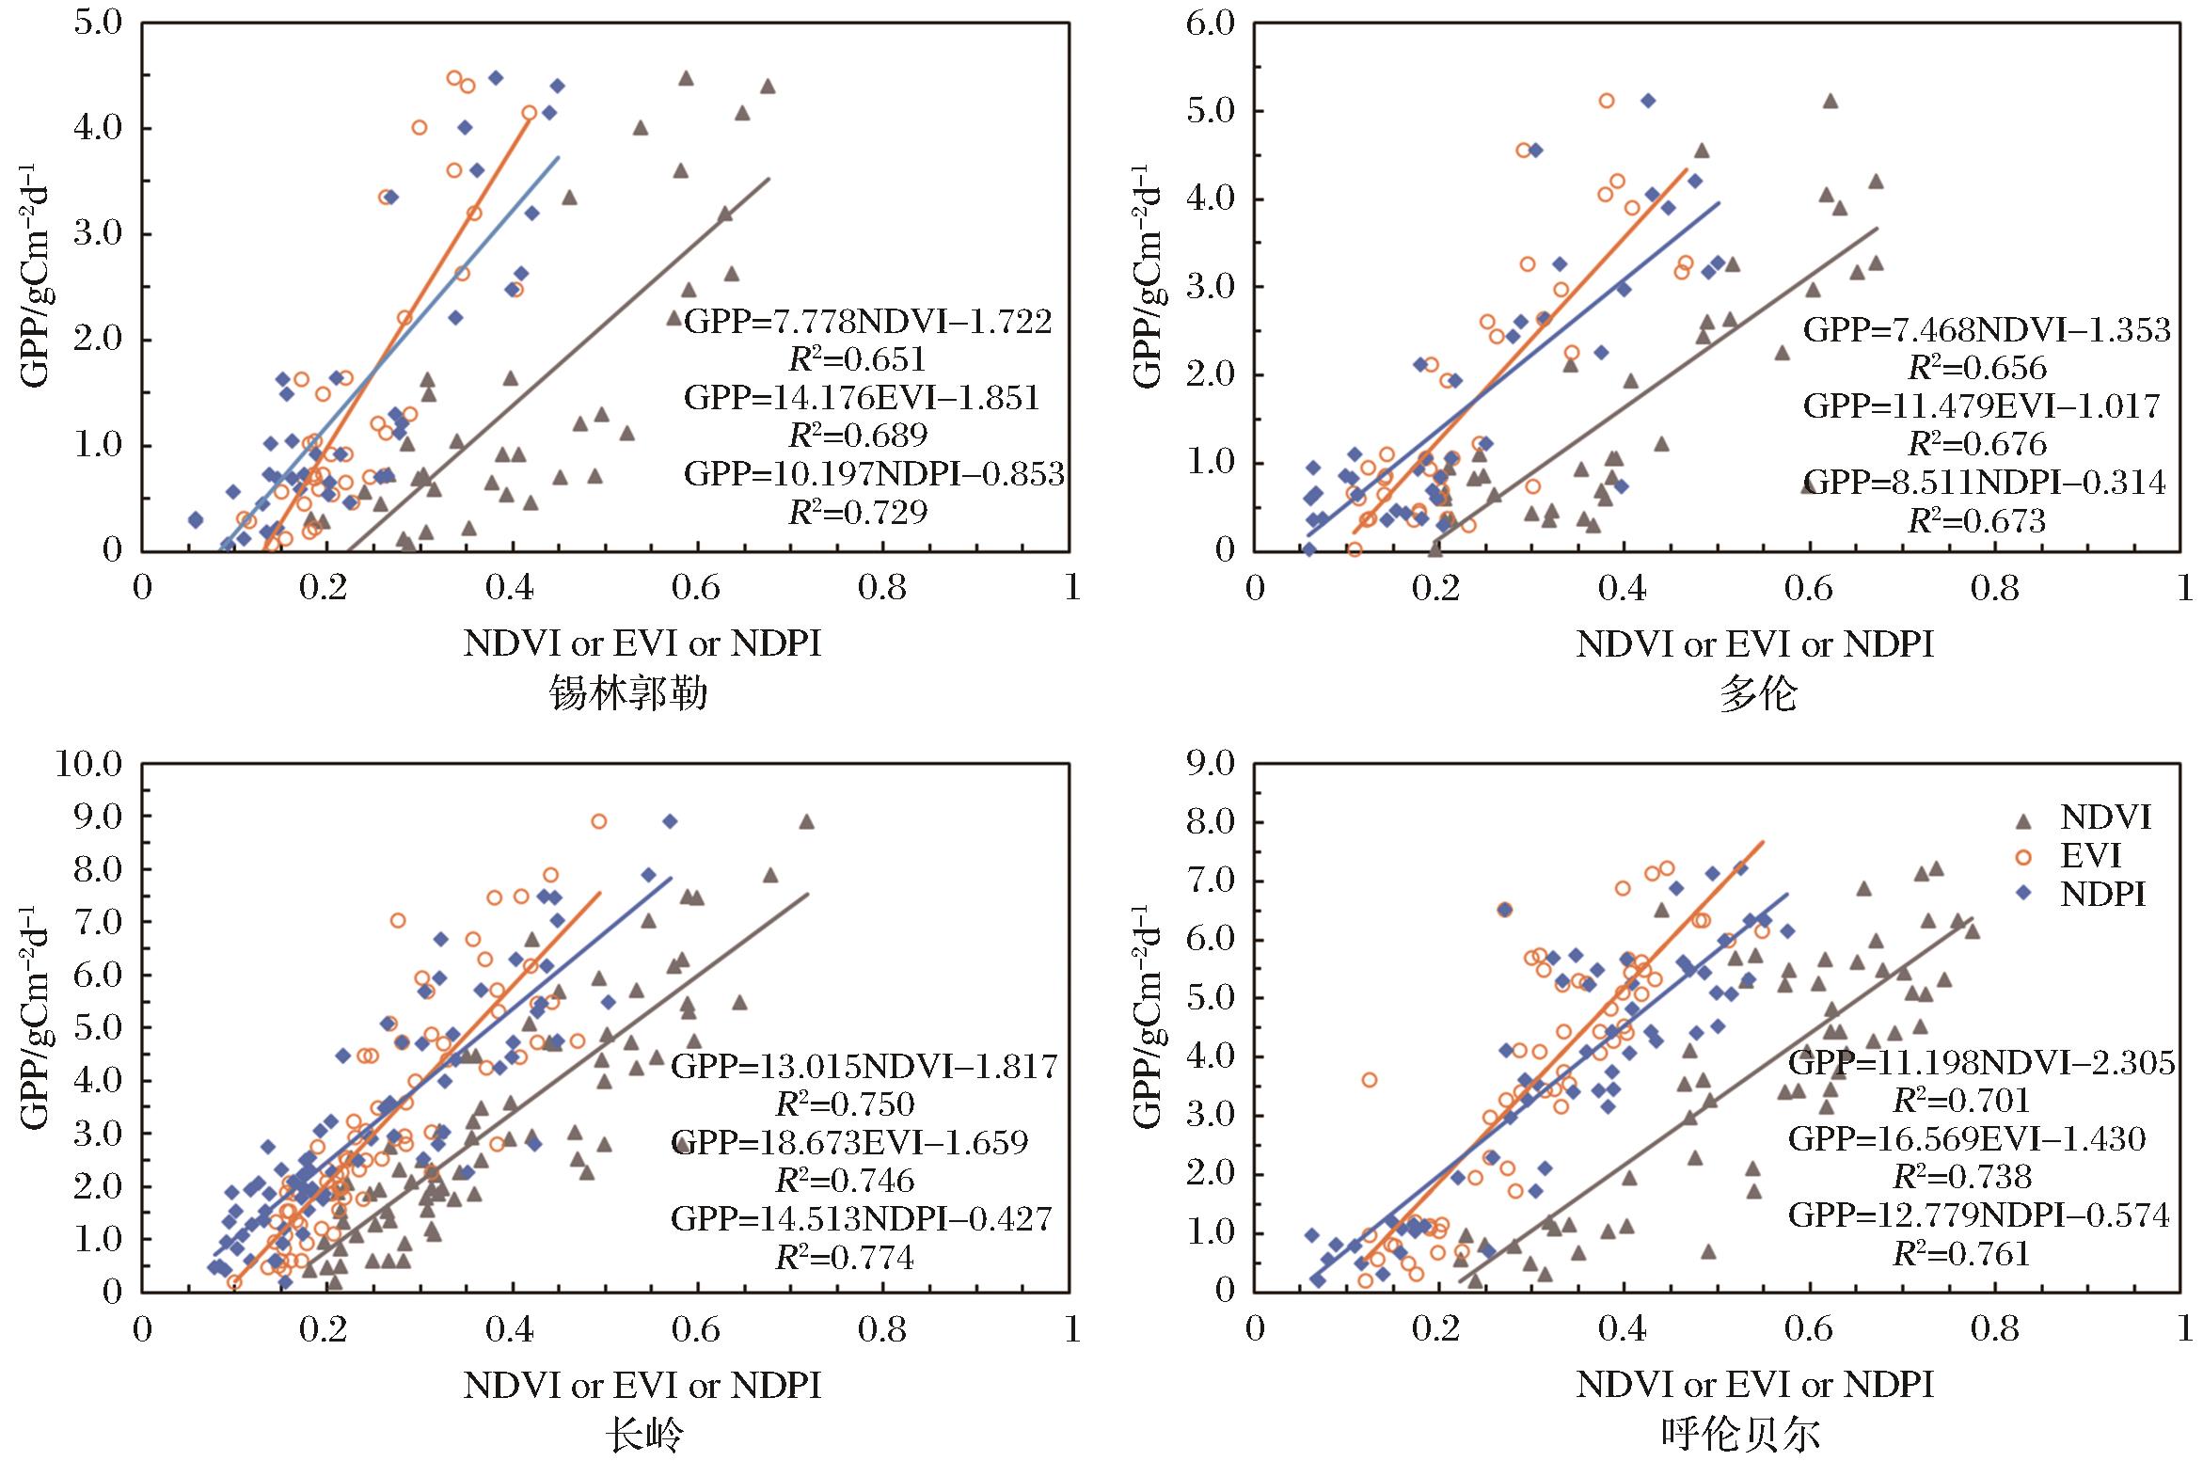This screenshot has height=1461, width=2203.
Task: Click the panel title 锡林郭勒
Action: tap(628, 695)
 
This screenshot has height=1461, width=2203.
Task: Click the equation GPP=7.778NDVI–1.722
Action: tap(867, 323)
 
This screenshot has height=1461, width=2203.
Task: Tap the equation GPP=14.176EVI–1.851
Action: tap(862, 398)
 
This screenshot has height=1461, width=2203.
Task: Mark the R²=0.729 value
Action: tap(857, 512)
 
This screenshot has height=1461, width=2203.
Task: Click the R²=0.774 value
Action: tap(845, 1257)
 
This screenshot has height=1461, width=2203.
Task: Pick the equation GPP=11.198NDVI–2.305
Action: tap(1981, 1063)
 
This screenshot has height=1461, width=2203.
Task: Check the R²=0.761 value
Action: tap(1961, 1254)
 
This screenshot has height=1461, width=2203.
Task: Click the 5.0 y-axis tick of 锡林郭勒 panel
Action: tap(99, 23)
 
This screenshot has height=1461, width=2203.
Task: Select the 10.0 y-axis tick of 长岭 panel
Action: tap(89, 764)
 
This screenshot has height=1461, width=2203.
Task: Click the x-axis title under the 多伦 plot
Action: tap(1754, 644)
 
